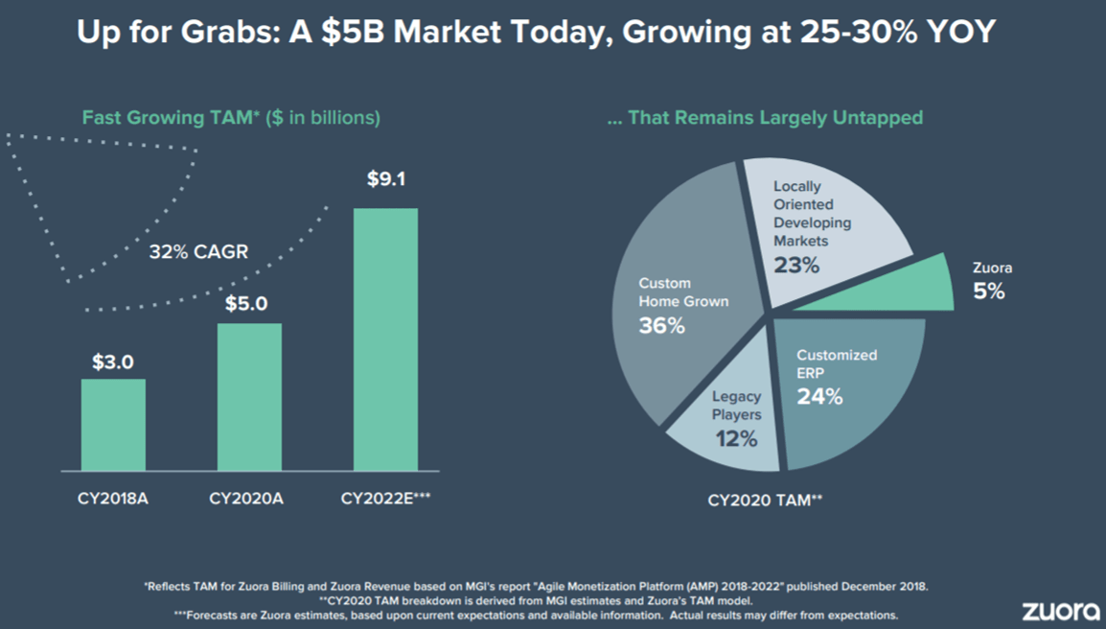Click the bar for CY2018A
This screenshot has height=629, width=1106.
point(113,425)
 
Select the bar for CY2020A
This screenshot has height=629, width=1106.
point(249,397)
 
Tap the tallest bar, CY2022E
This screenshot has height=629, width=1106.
point(385,339)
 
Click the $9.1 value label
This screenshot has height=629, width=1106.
point(386,179)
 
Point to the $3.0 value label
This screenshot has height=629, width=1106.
point(113,362)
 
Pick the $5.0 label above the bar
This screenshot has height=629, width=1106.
point(246,304)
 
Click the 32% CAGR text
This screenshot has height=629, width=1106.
point(198,252)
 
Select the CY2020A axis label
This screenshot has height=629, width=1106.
point(246,499)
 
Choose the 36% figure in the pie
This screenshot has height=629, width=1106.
point(661,326)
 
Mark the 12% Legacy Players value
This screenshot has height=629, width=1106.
point(736,439)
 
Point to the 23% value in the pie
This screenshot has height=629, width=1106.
point(796,265)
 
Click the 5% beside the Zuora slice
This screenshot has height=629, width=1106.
point(989,291)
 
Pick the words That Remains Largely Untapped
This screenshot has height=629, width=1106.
point(775,117)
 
